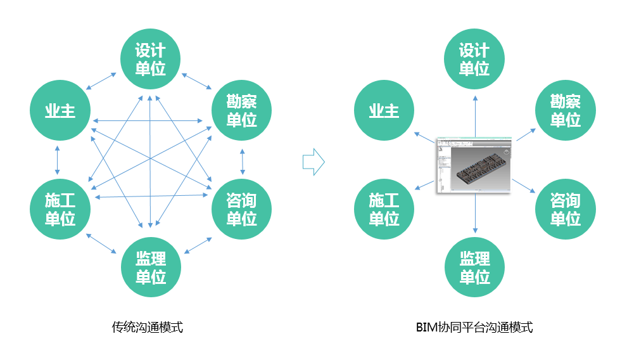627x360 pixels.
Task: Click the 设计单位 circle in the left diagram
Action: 151,59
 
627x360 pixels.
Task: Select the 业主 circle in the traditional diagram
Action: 60,112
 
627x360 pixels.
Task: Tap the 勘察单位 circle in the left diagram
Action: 241,110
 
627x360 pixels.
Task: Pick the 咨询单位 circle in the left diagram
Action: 241,210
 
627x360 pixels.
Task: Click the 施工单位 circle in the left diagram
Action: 60,210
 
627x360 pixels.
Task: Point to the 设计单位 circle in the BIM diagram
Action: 474,59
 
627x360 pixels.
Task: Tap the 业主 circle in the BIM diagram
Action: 384,112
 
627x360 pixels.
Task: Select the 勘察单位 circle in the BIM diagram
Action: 565,110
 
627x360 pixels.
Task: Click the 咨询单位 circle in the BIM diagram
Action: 565,210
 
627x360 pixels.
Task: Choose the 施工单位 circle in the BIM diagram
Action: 384,210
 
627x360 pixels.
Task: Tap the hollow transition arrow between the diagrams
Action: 313,162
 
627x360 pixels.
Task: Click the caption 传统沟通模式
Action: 147,328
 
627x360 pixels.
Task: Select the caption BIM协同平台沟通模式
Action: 474,328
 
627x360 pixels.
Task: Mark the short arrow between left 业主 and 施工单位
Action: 58,160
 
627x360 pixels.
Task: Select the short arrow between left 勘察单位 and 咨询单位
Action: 242,161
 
